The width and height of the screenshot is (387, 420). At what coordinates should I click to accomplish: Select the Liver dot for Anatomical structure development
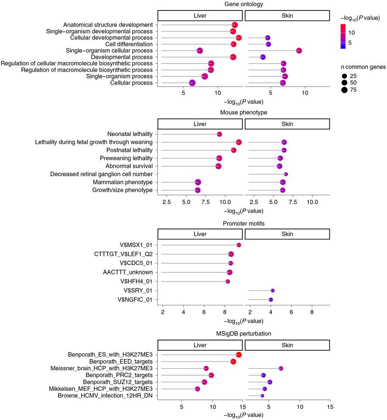(235, 25)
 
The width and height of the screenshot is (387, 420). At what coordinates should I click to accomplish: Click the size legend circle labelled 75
(345, 90)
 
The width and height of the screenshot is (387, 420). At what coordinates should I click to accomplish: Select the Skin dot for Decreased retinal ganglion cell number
(286, 174)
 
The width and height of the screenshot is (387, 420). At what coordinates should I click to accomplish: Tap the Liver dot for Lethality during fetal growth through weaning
(239, 142)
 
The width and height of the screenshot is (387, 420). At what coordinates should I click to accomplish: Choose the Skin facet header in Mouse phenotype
(287, 124)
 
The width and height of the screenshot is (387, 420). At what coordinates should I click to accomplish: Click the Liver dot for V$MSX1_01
(239, 245)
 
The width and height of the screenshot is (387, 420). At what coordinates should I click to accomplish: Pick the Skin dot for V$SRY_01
(273, 290)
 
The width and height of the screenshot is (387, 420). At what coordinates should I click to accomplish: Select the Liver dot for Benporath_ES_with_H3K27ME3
(239, 355)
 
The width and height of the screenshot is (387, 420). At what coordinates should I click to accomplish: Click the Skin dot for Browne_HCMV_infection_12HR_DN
(262, 396)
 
